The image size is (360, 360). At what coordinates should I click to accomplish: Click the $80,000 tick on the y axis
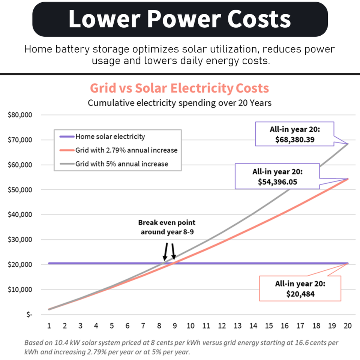(20, 115)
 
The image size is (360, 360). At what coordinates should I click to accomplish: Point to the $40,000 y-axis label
(20, 214)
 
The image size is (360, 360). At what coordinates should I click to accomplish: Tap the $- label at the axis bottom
(29, 314)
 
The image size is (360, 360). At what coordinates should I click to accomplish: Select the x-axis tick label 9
(175, 325)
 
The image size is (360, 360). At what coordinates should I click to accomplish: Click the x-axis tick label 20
(348, 325)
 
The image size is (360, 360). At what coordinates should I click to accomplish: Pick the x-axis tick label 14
(253, 325)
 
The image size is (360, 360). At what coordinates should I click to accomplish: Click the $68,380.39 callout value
(295, 139)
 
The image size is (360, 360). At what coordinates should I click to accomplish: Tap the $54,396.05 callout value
(277, 182)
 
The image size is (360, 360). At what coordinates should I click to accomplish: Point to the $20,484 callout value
(300, 294)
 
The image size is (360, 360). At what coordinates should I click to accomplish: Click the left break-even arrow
(166, 252)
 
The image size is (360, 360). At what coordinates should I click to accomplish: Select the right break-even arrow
(173, 251)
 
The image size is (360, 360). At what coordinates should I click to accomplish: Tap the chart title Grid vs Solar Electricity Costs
(179, 88)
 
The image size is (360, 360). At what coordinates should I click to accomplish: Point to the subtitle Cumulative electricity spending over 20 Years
(180, 103)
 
